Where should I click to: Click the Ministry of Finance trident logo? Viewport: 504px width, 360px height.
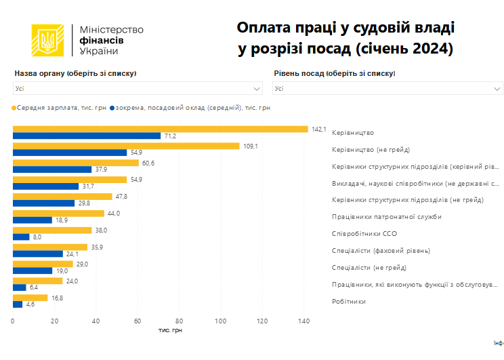point(48,41)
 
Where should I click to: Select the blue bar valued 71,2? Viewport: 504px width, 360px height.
point(87,136)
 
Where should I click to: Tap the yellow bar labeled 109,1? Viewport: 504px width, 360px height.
point(126,146)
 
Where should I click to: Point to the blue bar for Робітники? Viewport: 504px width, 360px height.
point(18,304)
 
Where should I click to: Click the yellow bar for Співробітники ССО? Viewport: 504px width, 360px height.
point(52,230)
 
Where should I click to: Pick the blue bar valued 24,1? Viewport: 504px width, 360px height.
point(38,254)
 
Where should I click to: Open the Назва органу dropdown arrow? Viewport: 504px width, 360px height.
point(257,88)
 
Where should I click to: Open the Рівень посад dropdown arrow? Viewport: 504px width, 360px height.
point(497,88)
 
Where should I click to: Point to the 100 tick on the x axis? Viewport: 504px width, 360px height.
point(221,321)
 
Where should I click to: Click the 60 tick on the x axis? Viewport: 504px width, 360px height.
point(138,321)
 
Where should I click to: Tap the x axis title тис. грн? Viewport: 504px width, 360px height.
point(170,329)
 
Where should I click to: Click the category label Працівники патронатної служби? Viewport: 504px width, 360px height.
point(386,217)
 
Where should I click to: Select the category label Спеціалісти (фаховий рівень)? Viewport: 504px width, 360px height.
point(381,250)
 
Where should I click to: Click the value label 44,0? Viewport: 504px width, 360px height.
point(113,213)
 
